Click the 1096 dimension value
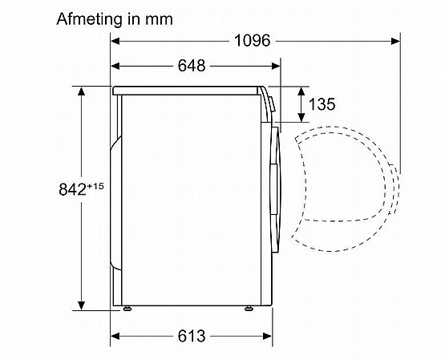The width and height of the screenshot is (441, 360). [x=252, y=41]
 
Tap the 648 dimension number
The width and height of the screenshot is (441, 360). [x=192, y=66]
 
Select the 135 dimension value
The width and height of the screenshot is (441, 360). [x=322, y=104]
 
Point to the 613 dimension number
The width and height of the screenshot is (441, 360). [x=192, y=336]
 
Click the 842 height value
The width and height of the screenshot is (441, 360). [x=72, y=189]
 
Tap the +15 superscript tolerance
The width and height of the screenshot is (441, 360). [x=95, y=186]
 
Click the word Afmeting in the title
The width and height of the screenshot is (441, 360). [x=89, y=20]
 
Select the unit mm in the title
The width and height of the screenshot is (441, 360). [x=159, y=20]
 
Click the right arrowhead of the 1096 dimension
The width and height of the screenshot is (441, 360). [x=396, y=42]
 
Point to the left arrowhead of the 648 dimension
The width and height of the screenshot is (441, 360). [x=115, y=66]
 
